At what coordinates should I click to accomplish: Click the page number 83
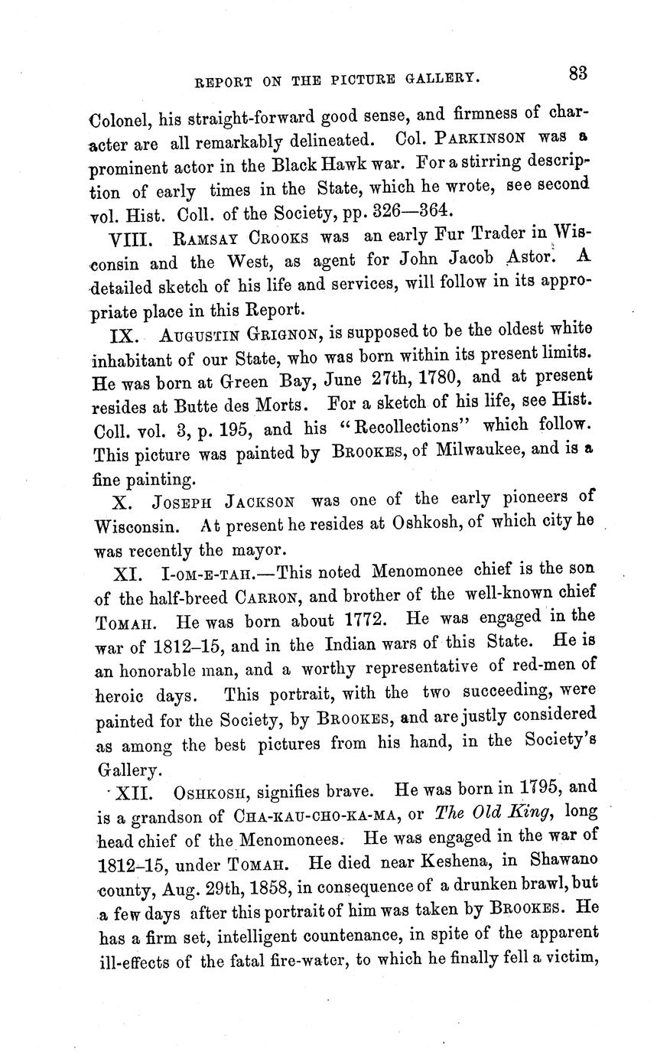click(577, 73)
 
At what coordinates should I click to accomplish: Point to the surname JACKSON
click(260, 503)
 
